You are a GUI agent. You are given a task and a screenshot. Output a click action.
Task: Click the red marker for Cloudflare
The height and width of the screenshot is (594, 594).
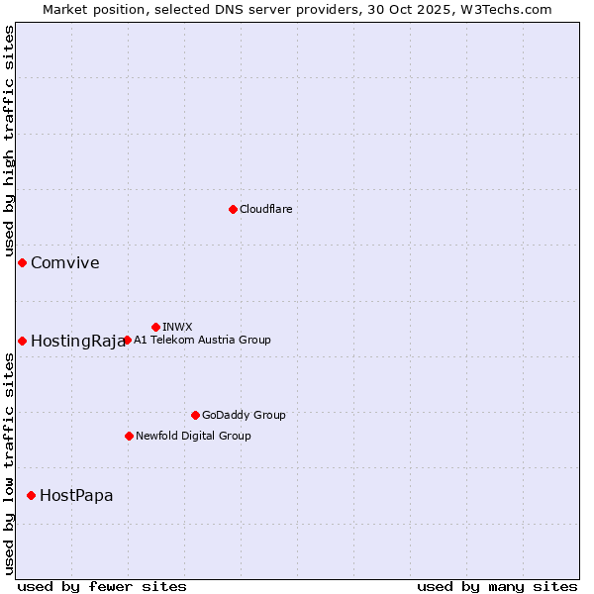pos(233,209)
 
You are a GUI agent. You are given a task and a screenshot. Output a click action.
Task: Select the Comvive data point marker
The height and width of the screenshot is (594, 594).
pos(22,262)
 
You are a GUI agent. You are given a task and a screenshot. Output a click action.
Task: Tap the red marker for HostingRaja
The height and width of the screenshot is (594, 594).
pos(22,341)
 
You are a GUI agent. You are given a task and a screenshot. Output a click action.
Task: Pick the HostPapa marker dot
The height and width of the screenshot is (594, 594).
pos(31,495)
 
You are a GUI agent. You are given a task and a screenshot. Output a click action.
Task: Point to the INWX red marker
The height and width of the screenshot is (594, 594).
pos(155,327)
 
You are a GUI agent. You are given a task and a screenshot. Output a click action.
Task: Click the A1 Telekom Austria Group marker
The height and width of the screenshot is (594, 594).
pos(127,340)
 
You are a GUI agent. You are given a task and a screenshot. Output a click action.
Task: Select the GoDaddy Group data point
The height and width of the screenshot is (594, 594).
pos(195,415)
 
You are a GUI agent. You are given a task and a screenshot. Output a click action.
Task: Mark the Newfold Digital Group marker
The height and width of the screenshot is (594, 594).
pos(129,436)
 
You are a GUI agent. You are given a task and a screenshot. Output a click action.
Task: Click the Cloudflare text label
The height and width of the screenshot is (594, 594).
pos(265,209)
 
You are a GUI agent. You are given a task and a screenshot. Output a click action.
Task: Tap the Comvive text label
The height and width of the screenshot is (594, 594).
pos(64,262)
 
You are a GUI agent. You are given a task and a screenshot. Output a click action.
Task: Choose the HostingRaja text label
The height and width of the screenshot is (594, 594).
pos(77,341)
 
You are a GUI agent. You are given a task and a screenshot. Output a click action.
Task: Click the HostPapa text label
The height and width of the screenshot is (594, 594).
pos(76,495)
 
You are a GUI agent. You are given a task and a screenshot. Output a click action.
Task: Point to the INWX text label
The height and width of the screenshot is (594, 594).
pos(177,327)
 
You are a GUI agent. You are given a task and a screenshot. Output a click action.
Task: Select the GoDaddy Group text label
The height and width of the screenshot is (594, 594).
pos(244,415)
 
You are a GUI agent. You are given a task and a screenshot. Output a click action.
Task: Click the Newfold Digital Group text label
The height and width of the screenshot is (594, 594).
pos(193,436)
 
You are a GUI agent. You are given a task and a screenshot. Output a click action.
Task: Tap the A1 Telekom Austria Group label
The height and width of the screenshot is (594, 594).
pos(202,340)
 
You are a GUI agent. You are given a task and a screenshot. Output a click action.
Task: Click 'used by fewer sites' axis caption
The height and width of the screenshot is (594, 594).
pos(102,586)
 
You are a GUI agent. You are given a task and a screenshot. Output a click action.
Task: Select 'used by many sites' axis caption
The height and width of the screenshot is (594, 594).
pos(497,586)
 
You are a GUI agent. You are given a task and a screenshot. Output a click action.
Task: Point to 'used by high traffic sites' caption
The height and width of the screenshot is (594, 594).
pos(9,141)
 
